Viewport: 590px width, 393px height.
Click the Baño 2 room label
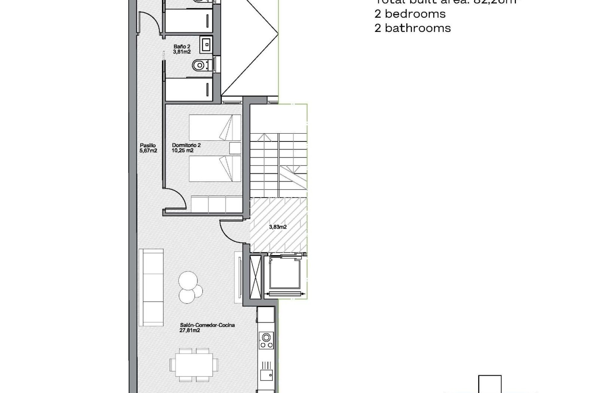(182, 49)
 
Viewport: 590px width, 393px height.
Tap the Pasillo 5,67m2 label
(148, 148)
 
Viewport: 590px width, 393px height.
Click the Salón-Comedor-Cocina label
(207, 328)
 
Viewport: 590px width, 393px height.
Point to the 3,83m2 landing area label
(278, 227)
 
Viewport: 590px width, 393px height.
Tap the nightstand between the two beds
(235, 148)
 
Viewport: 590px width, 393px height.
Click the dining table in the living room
(194, 364)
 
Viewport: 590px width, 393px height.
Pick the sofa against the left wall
(151, 287)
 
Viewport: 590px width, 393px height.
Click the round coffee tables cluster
(189, 287)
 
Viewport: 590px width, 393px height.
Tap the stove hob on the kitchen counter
(266, 340)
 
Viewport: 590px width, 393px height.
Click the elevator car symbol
(285, 273)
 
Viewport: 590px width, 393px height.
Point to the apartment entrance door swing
(230, 230)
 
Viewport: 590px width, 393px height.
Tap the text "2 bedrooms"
(410, 14)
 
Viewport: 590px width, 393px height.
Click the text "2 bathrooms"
(412, 28)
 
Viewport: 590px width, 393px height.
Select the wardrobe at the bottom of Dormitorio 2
(216, 204)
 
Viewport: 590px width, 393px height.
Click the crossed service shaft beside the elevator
(255, 277)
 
